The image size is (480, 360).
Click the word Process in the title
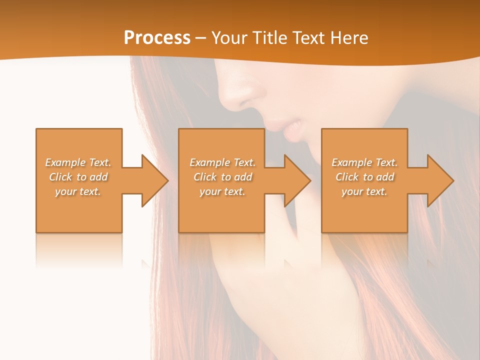point(157,38)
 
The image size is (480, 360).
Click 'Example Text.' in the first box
point(78,162)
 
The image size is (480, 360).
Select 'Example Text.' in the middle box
point(222,162)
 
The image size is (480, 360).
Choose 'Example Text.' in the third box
point(364,162)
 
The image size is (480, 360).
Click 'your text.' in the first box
point(78,191)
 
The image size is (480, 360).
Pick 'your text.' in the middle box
point(222,191)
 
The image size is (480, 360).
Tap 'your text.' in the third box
point(364,191)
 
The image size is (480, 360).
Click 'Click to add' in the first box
point(78,177)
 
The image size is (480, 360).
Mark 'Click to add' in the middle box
point(222,177)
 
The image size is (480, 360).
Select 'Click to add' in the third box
point(364,177)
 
